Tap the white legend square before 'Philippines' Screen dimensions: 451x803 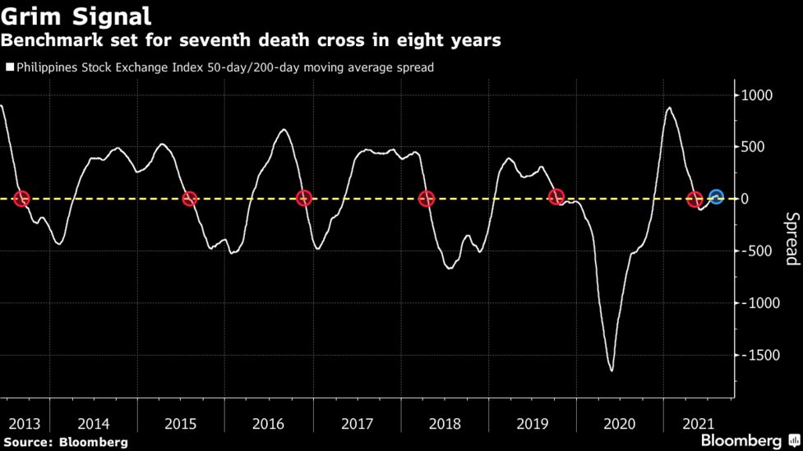coord(10,67)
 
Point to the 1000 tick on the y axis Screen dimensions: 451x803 coord(757,95)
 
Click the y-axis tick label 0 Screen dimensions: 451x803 coord(745,199)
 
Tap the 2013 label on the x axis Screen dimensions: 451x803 coord(24,424)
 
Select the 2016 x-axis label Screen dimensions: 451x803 coord(269,424)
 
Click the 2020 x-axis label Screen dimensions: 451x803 coord(620,424)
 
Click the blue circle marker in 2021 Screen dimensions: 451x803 coord(716,197)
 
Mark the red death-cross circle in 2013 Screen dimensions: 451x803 coord(22,198)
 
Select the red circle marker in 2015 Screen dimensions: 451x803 coord(189,199)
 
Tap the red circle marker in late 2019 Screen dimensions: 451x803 coord(556,197)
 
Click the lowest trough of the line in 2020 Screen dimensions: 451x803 coord(611,370)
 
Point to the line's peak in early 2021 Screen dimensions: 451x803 coord(669,108)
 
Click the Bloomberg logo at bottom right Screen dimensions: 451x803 coord(741,440)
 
